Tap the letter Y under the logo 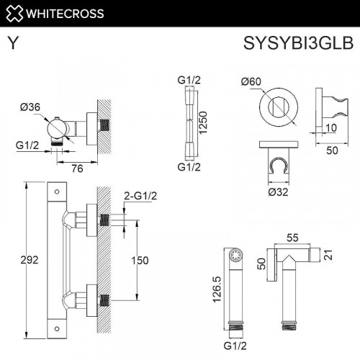(13, 43)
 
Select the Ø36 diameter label (30, 108)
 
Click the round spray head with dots (232, 256)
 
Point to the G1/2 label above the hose (189, 81)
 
